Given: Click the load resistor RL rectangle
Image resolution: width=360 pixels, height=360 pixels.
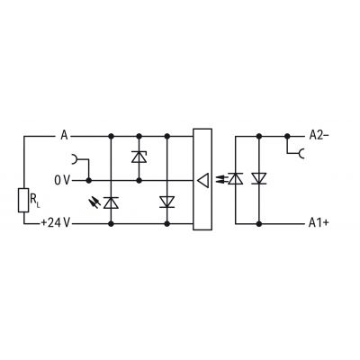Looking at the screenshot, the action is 23,200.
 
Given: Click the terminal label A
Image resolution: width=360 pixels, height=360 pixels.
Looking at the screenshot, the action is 64,135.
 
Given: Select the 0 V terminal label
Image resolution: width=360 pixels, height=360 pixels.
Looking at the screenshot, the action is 62,181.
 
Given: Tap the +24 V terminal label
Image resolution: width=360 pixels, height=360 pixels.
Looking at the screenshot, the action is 56,223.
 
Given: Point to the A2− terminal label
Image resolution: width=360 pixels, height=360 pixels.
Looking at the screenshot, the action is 319,136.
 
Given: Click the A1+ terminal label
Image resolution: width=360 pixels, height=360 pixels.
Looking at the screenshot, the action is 319,223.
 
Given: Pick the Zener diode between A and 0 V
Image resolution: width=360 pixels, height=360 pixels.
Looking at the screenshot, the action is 139,157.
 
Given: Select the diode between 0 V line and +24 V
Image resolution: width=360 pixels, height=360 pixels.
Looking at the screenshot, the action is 167,202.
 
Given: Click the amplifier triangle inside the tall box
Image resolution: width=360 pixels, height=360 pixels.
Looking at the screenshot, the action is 202,181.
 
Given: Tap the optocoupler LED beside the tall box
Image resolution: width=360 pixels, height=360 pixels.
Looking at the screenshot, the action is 232,178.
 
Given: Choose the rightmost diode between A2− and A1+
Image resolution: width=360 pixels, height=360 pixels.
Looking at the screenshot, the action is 259,178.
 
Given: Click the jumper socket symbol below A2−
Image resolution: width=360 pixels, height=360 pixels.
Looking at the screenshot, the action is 302,154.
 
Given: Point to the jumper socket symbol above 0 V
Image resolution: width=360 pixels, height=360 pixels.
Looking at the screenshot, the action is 74,159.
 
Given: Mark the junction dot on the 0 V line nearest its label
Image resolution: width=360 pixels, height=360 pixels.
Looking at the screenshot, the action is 89,181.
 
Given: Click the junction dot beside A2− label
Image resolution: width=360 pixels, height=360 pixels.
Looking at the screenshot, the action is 287,137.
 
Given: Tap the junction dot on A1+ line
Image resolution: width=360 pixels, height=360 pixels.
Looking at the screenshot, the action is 259,224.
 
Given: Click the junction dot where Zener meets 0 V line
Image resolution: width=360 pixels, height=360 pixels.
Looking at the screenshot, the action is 139,181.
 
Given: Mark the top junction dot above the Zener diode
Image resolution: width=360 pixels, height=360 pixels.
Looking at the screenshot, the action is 139,137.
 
